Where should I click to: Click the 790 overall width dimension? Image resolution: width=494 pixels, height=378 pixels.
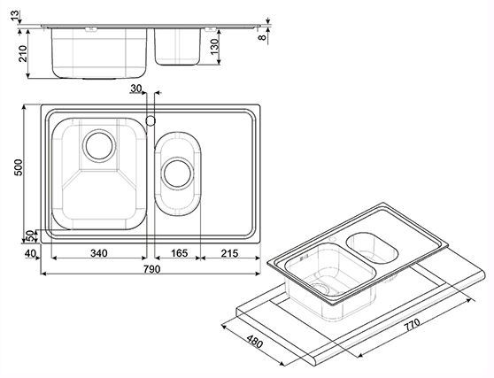(152, 269)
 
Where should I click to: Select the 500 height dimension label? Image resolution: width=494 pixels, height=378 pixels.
(19, 167)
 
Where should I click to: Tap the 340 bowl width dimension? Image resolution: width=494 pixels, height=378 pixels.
(99, 253)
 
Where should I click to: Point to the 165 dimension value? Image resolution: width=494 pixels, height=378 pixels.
(179, 253)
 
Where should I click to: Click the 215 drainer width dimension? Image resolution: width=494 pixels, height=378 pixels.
(229, 253)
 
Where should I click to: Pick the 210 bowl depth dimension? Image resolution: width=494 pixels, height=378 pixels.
(23, 53)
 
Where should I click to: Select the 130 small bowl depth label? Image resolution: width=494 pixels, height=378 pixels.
(214, 47)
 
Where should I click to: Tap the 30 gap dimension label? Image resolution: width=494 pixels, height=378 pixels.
(136, 89)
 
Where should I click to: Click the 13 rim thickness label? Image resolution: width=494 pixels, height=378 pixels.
(15, 15)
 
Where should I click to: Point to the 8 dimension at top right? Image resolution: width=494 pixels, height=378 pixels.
(262, 37)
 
